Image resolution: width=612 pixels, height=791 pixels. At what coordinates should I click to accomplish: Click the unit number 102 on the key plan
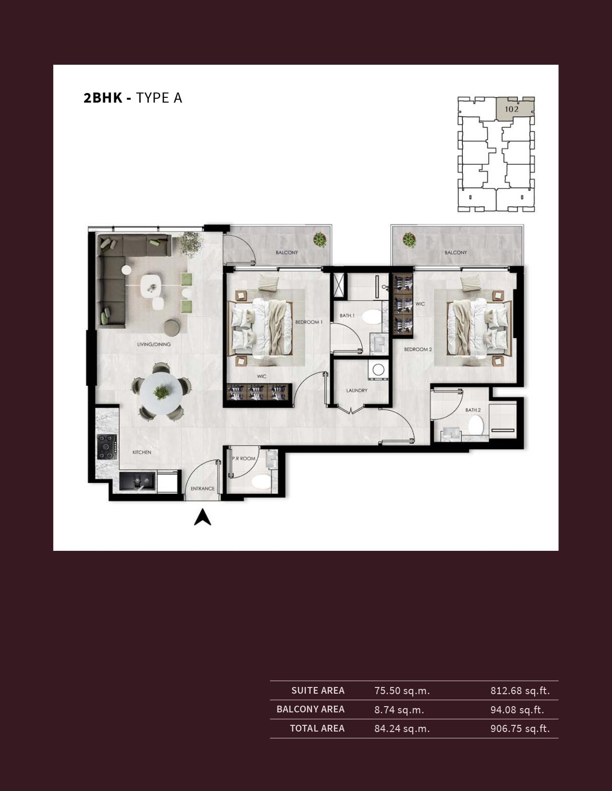point(512,109)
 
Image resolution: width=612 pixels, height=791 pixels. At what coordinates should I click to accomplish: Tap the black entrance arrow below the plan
point(203,517)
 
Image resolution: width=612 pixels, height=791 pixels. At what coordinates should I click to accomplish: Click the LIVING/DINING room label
point(154,344)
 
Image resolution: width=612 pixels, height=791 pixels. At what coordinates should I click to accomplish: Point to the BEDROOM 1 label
point(309,322)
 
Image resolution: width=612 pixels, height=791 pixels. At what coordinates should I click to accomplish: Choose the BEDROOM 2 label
point(418,349)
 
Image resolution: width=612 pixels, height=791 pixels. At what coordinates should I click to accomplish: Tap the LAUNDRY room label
point(357,391)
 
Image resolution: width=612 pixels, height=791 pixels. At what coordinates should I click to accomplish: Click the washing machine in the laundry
point(378,370)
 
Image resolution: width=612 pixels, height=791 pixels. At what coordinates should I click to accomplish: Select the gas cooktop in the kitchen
point(107,447)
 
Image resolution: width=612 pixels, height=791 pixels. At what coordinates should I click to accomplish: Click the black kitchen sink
point(137,482)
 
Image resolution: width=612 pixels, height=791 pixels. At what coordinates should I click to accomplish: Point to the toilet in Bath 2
point(476,425)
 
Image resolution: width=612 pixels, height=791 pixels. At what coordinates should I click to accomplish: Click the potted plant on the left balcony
point(320,240)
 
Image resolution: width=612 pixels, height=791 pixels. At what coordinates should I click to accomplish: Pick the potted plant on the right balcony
point(409,240)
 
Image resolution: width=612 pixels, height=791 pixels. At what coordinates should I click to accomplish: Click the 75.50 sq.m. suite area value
point(402,691)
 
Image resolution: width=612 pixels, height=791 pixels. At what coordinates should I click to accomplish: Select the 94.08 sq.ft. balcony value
point(517,710)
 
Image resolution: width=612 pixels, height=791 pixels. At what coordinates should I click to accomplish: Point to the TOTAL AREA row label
point(317,728)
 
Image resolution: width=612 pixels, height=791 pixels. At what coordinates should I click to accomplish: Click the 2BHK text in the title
point(103,98)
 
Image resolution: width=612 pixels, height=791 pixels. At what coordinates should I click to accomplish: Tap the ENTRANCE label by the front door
point(203,489)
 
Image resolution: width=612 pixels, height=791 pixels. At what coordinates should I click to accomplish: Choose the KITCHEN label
point(142,452)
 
